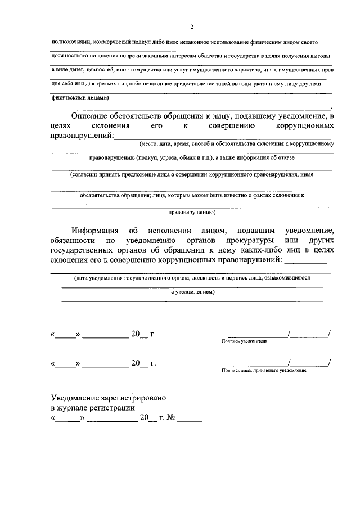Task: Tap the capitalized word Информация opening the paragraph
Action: point(95,231)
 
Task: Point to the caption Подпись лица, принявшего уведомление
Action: point(264,370)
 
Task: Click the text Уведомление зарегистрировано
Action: point(108,398)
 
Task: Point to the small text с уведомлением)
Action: point(192,292)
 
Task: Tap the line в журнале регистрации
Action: point(93,408)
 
